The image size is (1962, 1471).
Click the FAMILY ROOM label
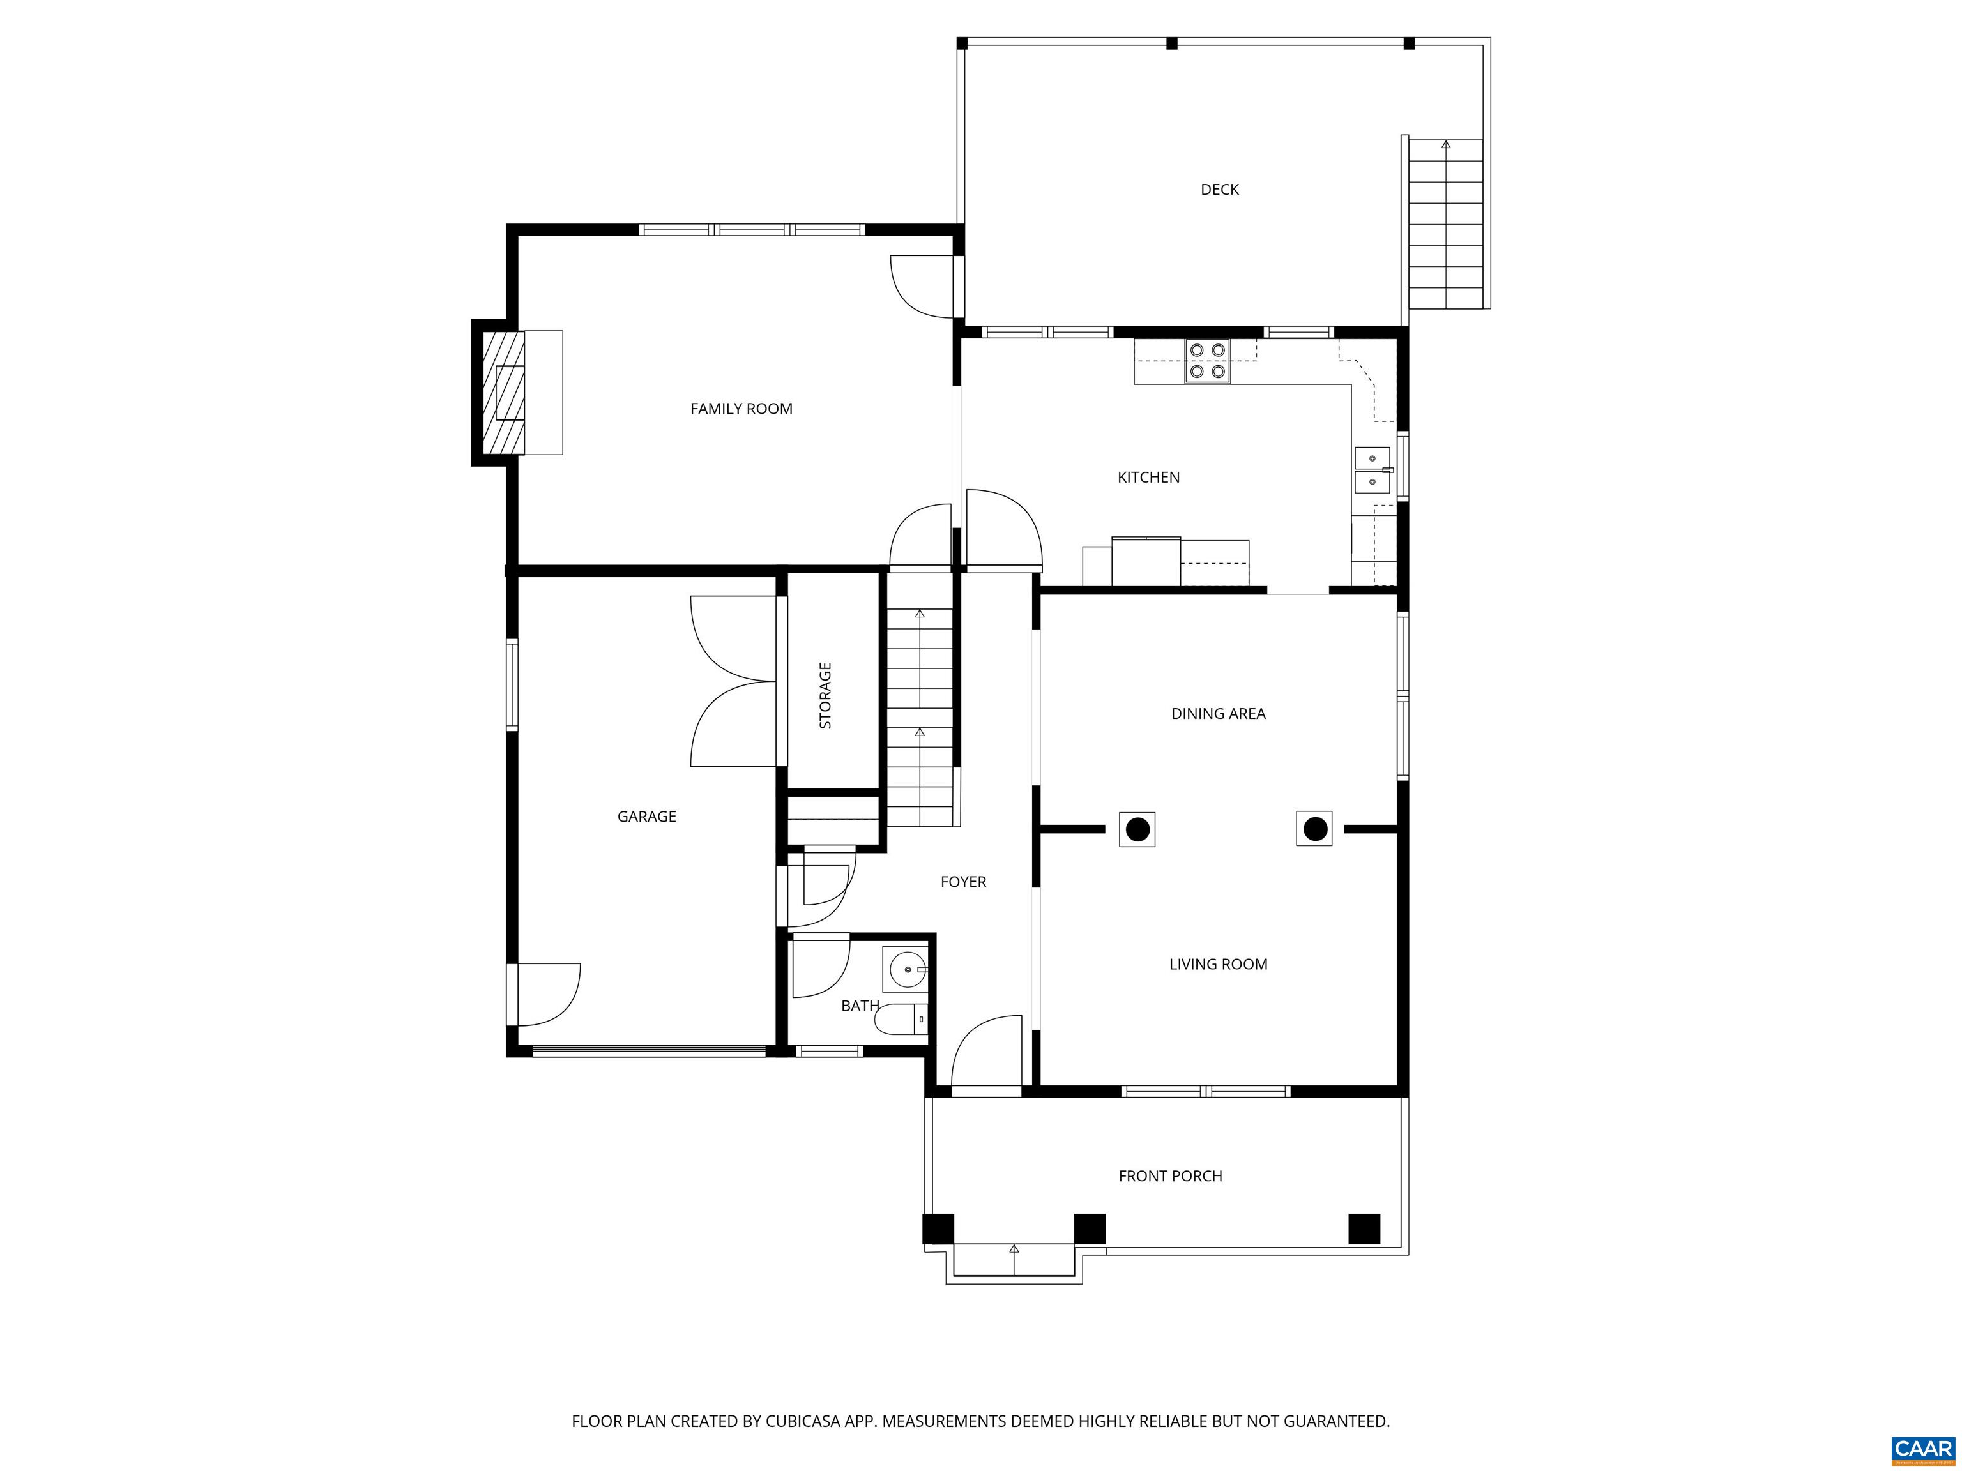coord(741,409)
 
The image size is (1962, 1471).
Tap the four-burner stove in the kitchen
coord(1207,362)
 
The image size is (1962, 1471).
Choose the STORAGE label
coord(826,695)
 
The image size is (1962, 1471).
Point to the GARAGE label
coord(646,817)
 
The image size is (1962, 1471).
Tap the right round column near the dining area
coord(1314,829)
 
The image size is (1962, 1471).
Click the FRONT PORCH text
coord(1170,1177)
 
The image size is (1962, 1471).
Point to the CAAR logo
coord(1922,1449)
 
